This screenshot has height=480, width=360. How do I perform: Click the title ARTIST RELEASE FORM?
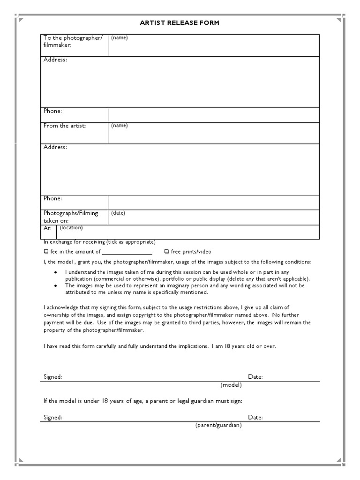point(180,22)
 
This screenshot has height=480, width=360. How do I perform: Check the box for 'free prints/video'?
point(166,252)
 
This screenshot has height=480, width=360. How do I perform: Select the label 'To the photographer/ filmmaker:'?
point(73,41)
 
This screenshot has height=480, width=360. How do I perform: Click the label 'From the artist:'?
point(65,126)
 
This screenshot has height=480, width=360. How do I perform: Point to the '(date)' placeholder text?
point(118,213)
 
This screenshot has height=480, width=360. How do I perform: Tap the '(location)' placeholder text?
point(71,228)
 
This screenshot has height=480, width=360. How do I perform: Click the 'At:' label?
point(48,229)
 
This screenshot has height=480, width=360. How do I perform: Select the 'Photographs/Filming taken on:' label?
point(71,217)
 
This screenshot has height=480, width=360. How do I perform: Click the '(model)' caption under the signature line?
point(231,385)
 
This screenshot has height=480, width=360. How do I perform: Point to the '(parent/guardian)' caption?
point(218,425)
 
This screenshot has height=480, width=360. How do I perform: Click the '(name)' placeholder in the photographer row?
point(119,38)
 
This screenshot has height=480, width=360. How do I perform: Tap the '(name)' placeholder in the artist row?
point(119,126)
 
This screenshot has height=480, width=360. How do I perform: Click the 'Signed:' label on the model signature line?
point(53,377)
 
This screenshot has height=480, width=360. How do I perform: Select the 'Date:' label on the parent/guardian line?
point(255,417)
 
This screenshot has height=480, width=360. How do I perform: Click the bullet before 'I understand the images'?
point(56,272)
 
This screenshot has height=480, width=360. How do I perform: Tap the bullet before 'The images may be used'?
point(56,285)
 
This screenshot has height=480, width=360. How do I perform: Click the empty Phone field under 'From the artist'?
point(214,202)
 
